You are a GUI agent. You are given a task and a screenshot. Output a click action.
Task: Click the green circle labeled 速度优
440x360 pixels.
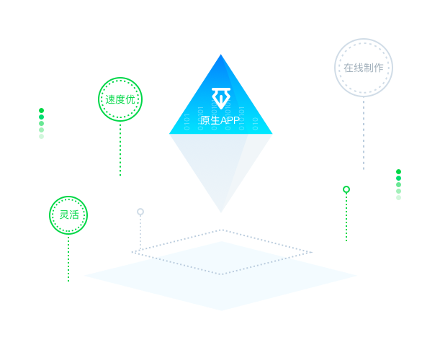[x=120, y=99]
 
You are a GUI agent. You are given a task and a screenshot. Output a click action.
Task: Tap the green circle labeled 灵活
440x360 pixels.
[x=68, y=215]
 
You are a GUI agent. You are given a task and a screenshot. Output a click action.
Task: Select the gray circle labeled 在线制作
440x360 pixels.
[x=364, y=68]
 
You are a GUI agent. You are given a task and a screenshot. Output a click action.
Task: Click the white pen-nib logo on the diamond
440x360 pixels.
[x=220, y=97]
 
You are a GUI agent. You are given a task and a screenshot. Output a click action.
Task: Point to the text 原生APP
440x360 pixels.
[x=220, y=120]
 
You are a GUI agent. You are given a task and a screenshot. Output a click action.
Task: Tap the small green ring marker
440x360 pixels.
[x=346, y=189]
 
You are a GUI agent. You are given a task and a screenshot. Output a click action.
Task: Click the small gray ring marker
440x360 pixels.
[x=140, y=212]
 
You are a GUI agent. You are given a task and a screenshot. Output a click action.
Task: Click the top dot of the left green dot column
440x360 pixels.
[x=42, y=110]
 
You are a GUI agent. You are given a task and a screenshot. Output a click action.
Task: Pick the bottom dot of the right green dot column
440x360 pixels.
[x=399, y=197]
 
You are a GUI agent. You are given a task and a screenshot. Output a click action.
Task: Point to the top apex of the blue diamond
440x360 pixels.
[x=220, y=55]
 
